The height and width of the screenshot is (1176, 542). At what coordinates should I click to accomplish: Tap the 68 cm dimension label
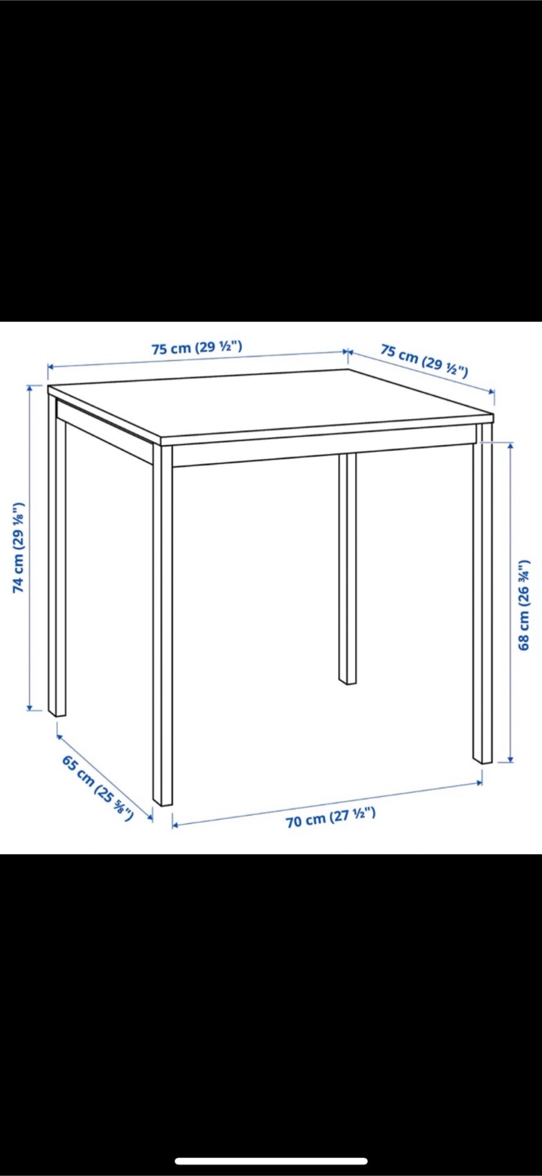tap(524, 605)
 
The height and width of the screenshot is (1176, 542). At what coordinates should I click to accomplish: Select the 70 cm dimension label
tap(331, 818)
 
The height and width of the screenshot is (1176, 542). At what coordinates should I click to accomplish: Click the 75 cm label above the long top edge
tap(197, 348)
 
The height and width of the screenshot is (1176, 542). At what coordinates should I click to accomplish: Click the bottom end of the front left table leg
tap(163, 804)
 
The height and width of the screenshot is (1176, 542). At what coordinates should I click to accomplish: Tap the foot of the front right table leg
tap(482, 760)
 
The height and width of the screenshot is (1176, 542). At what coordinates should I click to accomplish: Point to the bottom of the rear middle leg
tap(348, 682)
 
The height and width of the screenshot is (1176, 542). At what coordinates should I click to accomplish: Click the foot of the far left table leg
tap(57, 714)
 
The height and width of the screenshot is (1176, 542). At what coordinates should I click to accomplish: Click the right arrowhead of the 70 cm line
tap(480, 782)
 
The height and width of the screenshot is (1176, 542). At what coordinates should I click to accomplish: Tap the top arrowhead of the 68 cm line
tap(510, 445)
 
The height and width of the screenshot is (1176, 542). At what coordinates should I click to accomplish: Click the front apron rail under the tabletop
tap(322, 454)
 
